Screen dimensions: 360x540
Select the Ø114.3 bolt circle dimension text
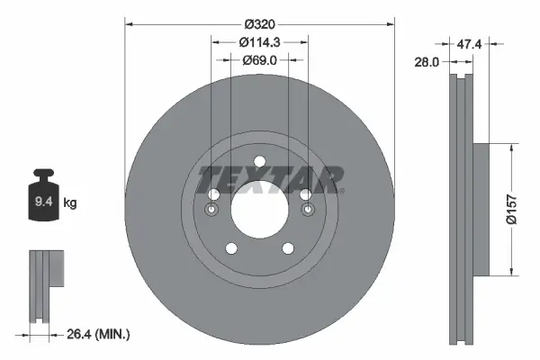[259, 41]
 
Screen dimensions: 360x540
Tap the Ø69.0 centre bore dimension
[259, 60]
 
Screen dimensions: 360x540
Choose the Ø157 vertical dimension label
[509, 208]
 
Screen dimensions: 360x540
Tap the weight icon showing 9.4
[43, 199]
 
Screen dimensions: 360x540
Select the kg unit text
[70, 203]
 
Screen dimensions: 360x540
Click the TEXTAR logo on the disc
[271, 177]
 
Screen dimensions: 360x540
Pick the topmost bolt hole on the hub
[259, 162]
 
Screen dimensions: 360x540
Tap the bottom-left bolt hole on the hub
[230, 249]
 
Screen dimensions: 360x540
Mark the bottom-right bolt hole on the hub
[288, 249]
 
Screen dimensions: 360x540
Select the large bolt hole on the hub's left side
[213, 195]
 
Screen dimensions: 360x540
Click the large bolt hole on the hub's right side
[305, 195]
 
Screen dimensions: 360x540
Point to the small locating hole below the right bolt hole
[308, 211]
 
